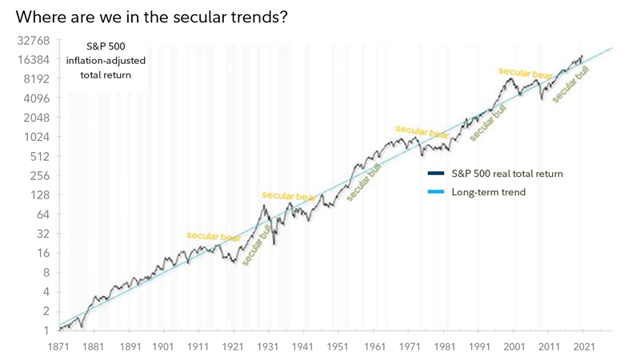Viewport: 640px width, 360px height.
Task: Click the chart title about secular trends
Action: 151,17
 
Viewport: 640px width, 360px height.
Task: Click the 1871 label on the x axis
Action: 58,346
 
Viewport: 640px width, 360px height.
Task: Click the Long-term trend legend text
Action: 488,192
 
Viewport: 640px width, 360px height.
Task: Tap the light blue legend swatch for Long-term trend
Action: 436,192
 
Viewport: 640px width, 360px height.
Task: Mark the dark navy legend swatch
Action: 436,174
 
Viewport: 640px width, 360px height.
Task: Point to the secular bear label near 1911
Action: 213,236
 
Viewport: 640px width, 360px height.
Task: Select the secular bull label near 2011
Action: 570,82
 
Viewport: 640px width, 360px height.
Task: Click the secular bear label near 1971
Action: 422,132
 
